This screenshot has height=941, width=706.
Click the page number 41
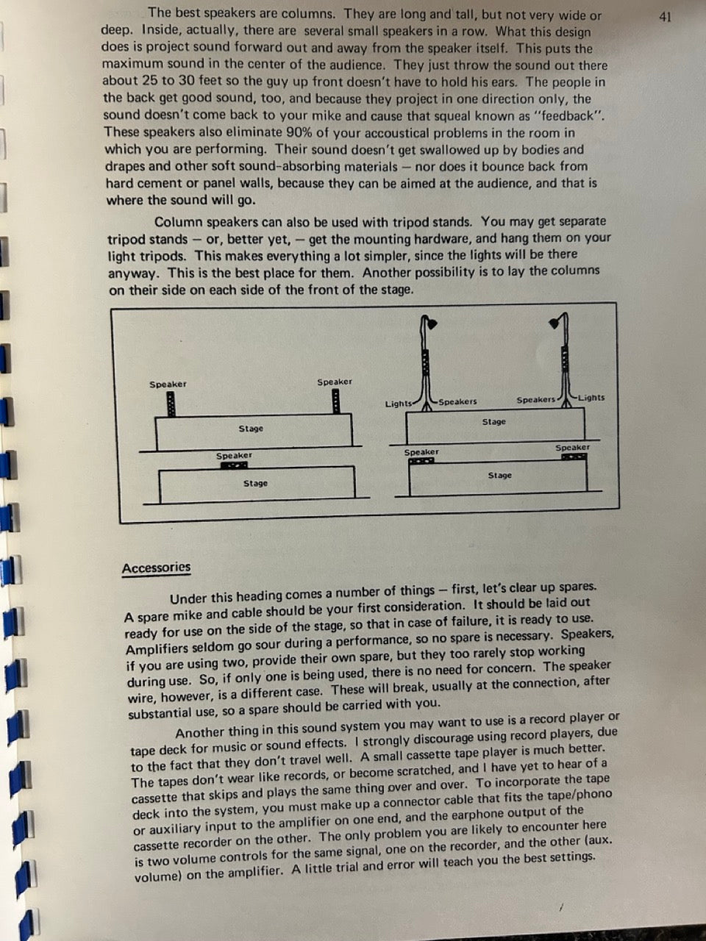665,17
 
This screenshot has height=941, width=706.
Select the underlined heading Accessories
156,568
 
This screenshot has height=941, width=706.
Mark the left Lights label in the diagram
398,404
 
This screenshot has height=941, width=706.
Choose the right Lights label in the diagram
591,398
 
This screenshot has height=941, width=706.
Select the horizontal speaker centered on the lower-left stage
234,465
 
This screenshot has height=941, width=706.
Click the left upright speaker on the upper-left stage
171,404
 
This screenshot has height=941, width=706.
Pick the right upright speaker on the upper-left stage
336,401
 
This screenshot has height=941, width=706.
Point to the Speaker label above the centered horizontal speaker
234,455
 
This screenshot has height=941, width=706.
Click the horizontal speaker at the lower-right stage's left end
421,461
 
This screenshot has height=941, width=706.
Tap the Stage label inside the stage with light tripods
493,422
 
